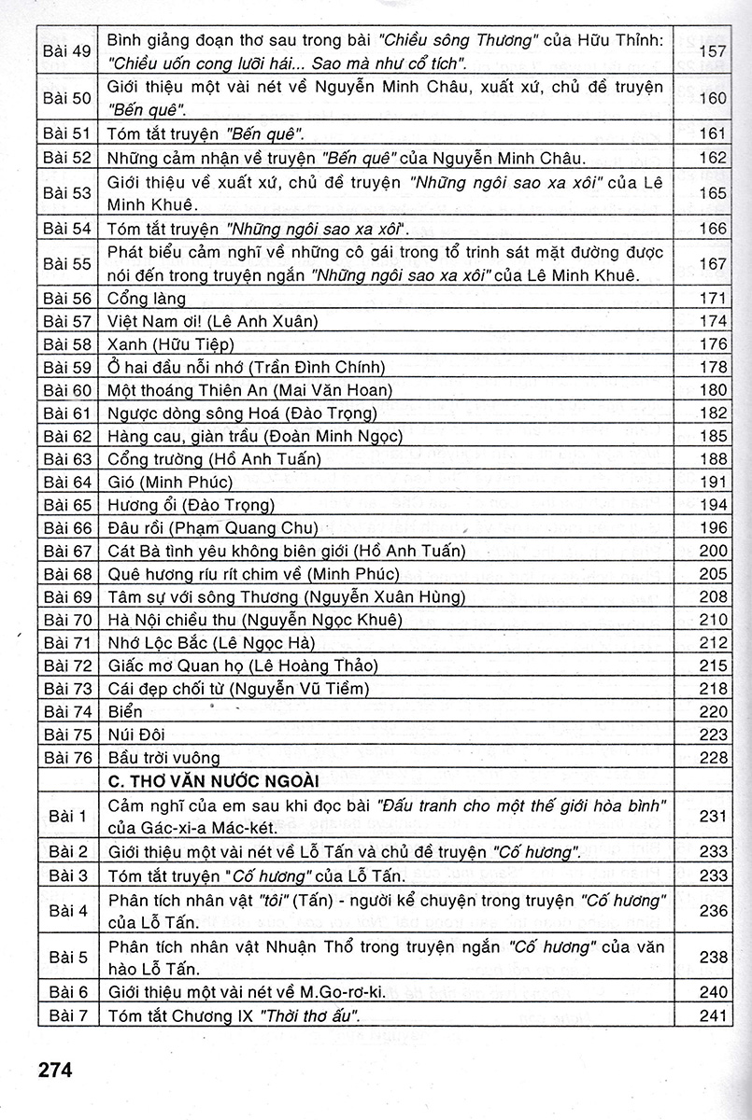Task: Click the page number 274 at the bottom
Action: pos(55,1068)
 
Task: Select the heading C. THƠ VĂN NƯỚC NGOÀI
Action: pos(214,779)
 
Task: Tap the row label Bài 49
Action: pos(67,50)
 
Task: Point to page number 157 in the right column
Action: pos(713,50)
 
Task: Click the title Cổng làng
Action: pos(147,299)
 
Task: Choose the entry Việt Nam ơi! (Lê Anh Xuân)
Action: pos(213,321)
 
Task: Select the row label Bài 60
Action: pos(67,390)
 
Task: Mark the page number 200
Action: pos(713,551)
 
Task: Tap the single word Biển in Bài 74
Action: pos(127,711)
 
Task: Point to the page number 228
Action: pos(713,757)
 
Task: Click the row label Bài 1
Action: pos(67,817)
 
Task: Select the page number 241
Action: pos(713,1015)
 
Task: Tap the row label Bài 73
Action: pos(67,689)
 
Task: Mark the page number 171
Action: pos(713,299)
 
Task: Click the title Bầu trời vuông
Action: pos(163,757)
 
